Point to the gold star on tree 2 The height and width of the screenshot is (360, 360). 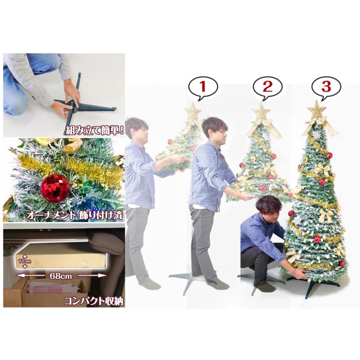pyautogui.click(x=262, y=112)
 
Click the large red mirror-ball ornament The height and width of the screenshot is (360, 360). pyautogui.click(x=55, y=187)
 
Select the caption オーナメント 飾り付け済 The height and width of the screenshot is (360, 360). pyautogui.click(x=74, y=215)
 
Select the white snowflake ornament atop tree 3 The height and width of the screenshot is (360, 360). pyautogui.click(x=317, y=134)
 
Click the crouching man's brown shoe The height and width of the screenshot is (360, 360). pyautogui.click(x=264, y=287)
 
